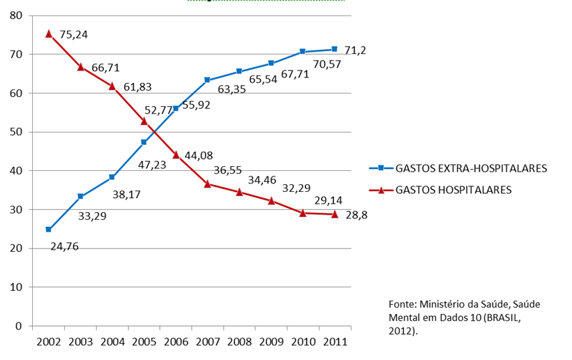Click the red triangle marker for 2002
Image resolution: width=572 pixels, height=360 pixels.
pyautogui.click(x=48, y=33)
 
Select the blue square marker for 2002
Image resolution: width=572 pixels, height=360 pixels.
pyautogui.click(x=48, y=230)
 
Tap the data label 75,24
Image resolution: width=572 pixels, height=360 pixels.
pyautogui.click(x=74, y=33)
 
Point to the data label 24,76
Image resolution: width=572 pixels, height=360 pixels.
pyautogui.click(x=65, y=245)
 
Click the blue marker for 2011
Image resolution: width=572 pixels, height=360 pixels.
pyautogui.click(x=334, y=49)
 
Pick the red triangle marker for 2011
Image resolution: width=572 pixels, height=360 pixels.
pyautogui.click(x=334, y=214)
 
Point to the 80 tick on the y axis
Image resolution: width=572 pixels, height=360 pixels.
pyautogui.click(x=16, y=15)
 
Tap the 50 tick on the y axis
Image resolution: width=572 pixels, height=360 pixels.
pyautogui.click(x=16, y=132)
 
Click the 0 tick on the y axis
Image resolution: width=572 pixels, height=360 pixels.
pyautogui.click(x=19, y=326)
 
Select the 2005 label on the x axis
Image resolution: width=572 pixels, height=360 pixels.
pyautogui.click(x=144, y=343)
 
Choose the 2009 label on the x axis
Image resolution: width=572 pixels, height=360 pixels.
pyautogui.click(x=271, y=343)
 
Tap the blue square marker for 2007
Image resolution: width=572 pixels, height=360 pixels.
pyautogui.click(x=207, y=80)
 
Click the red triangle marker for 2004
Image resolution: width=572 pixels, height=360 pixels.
pyautogui.click(x=112, y=85)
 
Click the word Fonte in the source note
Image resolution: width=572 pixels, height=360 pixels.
pyautogui.click(x=402, y=304)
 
